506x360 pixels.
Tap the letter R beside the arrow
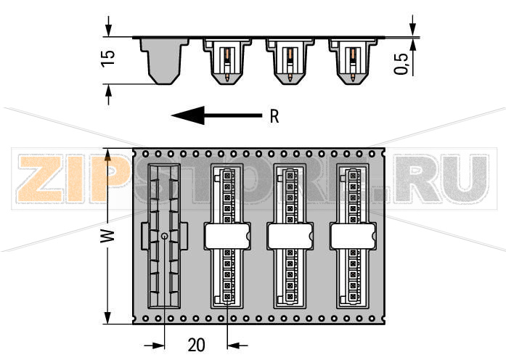click(x=274, y=116)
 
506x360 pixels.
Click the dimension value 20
click(x=196, y=345)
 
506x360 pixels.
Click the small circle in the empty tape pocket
click(x=164, y=236)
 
